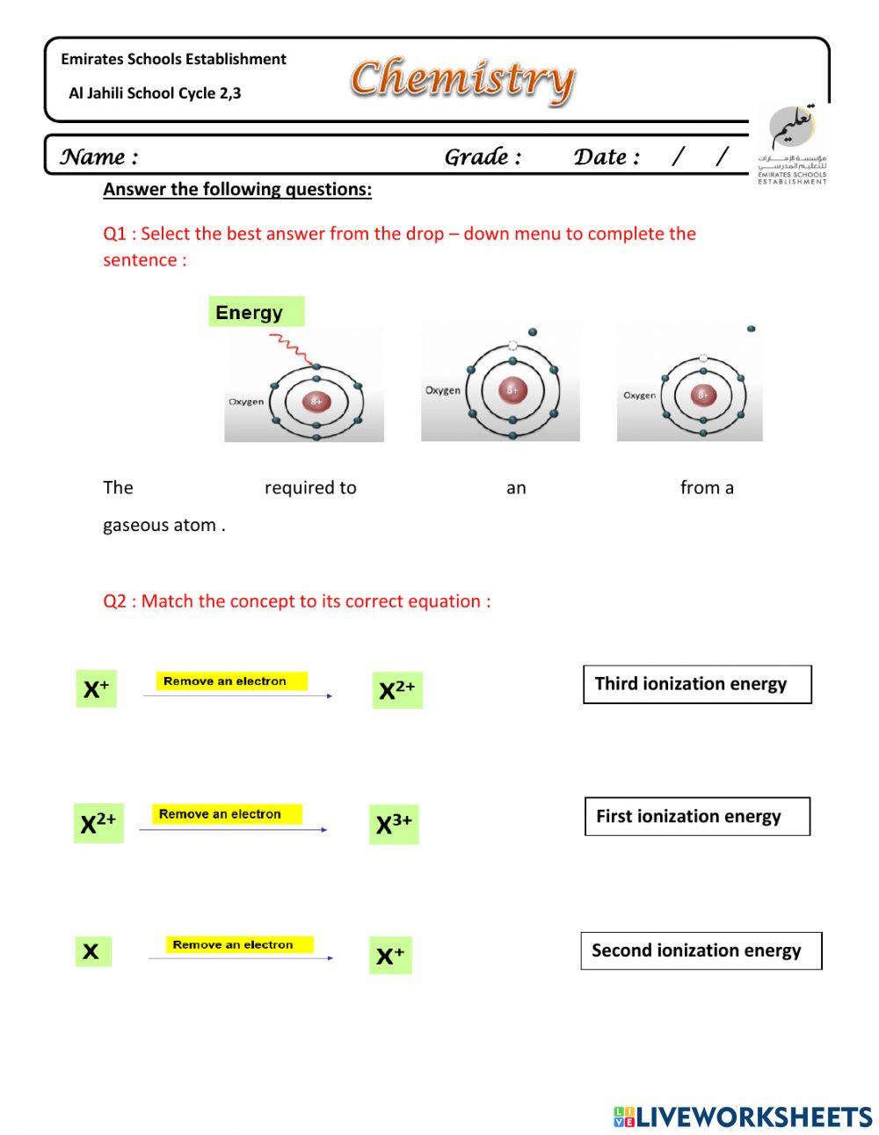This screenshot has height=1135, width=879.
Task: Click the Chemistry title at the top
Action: click(462, 79)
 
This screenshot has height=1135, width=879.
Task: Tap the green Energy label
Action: click(256, 312)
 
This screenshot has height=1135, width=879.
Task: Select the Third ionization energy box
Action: click(697, 684)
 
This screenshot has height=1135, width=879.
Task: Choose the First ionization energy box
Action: click(697, 817)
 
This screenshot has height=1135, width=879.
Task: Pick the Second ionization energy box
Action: click(701, 950)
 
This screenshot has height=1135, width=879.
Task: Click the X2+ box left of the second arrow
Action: click(98, 824)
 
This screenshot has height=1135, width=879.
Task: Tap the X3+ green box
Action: click(394, 825)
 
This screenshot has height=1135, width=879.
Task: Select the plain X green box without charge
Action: click(92, 951)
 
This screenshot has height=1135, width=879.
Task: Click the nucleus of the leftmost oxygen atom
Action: click(316, 402)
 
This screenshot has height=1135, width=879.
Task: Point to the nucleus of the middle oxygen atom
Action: click(512, 389)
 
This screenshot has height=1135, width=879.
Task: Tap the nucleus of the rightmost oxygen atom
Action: click(702, 395)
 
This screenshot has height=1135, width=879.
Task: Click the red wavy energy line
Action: click(290, 350)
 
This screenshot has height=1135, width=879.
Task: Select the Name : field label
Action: click(98, 157)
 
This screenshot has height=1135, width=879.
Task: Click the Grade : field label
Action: click(483, 157)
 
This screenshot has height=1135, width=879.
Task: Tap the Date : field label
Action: click(607, 157)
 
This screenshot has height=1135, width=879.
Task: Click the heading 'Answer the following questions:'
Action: click(237, 189)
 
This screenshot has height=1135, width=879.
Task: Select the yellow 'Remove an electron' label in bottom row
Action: click(233, 945)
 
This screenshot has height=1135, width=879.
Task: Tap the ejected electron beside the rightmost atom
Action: click(751, 329)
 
